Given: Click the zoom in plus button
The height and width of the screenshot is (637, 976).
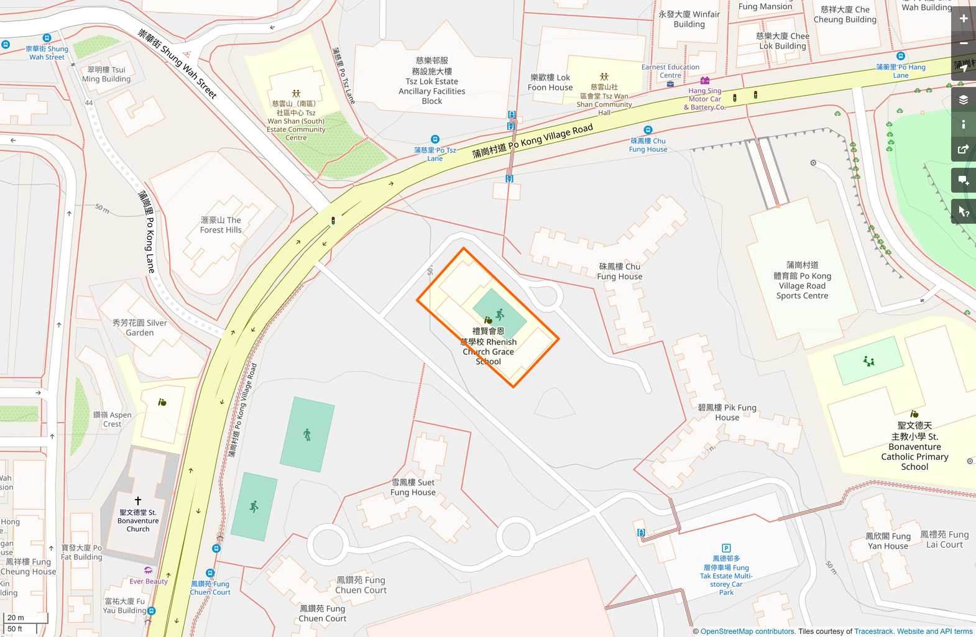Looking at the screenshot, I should coord(964,19).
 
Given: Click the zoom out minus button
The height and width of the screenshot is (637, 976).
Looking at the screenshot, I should coord(964,43).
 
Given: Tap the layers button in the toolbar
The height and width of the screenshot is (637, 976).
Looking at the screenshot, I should coord(964,99).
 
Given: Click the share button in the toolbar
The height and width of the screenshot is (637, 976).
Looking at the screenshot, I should coord(964,149).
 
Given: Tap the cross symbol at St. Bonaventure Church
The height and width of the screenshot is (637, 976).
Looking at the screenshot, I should coord(138,501).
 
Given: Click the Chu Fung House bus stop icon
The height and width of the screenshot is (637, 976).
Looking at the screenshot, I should coord(648,131).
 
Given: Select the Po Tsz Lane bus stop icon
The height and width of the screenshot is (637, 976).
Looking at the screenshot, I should coord(435,140).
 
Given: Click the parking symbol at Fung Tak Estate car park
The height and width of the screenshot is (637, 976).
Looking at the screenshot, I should coord(726,548).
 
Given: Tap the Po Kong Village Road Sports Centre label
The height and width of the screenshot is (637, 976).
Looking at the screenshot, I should coord(802,280).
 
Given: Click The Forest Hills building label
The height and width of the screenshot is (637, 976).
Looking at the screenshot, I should coord(221,225).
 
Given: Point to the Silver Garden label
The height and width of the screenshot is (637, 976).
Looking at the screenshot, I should coord(140,328).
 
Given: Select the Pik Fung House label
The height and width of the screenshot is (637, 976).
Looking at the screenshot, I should coord(727,413).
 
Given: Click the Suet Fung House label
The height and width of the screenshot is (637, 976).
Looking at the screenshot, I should coord(413,487).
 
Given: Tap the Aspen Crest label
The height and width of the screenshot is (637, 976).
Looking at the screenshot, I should coord(113,419).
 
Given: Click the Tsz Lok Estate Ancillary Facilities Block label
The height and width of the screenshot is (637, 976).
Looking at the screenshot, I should coord(432,81).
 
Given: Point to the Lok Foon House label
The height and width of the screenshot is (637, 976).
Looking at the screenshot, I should coord(550,82).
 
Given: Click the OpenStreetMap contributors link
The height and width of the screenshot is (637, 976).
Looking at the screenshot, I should coord(747,631).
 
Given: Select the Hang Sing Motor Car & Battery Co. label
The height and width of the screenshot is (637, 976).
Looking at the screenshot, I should coord(705,99).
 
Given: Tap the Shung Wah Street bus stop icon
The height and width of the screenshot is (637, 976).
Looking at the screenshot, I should coord(47,39).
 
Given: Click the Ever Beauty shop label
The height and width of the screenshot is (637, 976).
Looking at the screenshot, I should coord(149,581).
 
